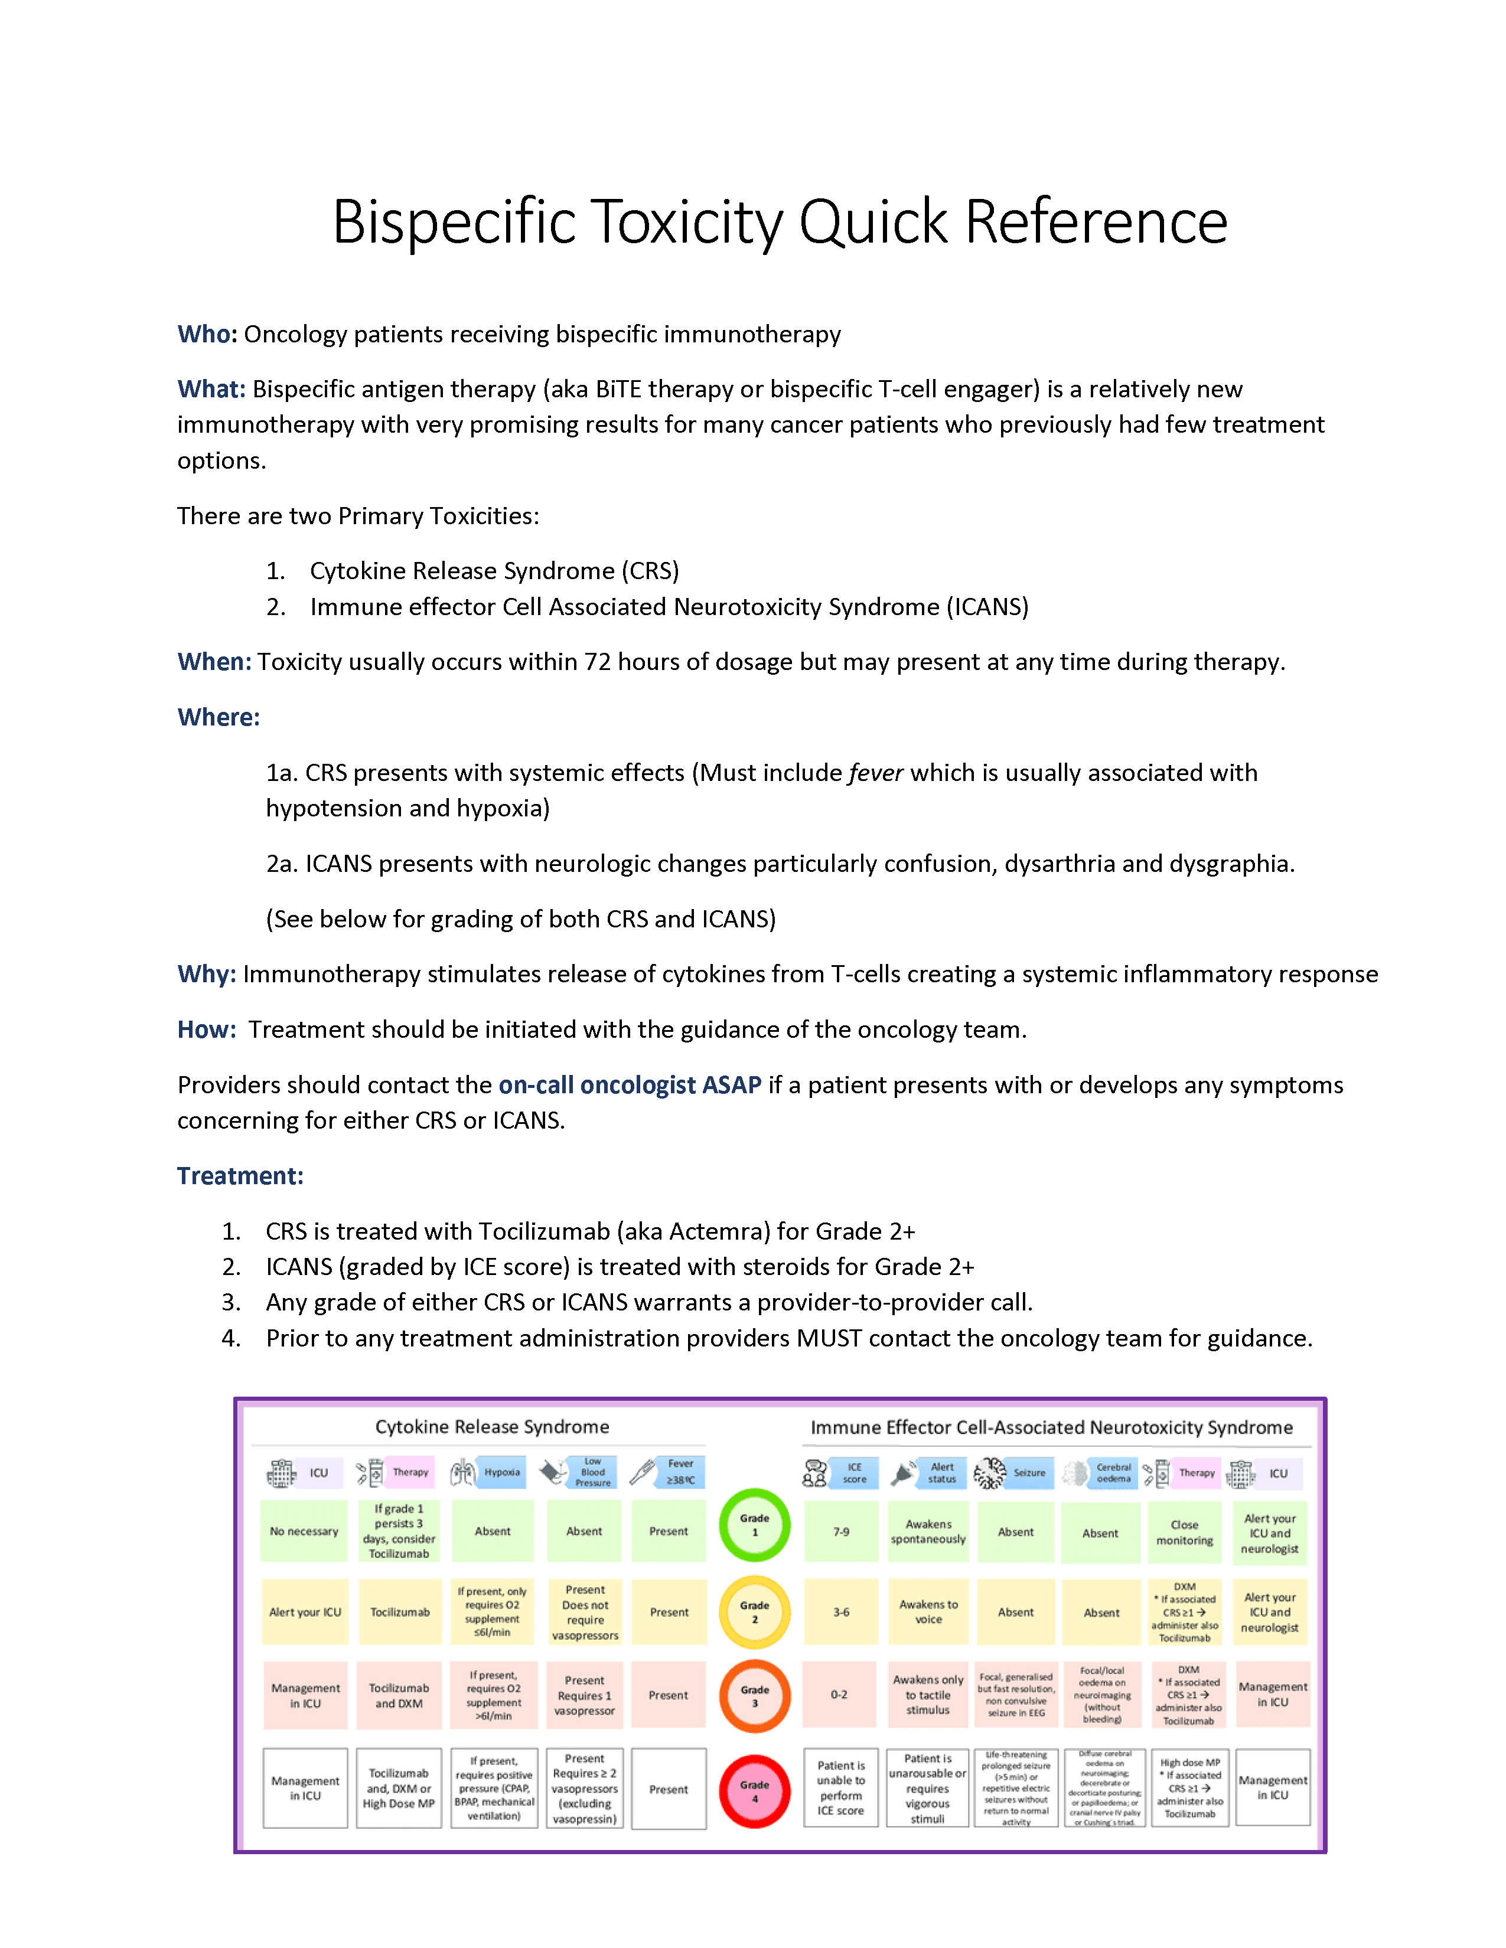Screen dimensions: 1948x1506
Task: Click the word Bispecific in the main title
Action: tap(453, 221)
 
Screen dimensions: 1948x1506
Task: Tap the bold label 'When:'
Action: tap(214, 662)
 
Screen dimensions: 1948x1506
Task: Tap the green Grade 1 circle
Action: tap(754, 1524)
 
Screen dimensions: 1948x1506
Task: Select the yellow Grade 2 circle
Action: tap(754, 1612)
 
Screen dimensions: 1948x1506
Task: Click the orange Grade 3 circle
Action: tap(754, 1695)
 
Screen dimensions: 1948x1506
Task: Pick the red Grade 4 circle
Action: tap(754, 1791)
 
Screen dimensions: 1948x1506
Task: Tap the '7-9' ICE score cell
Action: tap(840, 1531)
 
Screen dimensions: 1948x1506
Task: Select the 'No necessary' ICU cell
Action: tap(304, 1531)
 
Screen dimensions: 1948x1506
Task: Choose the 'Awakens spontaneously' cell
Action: tap(928, 1531)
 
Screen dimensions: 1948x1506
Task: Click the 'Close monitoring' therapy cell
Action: tap(1184, 1532)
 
